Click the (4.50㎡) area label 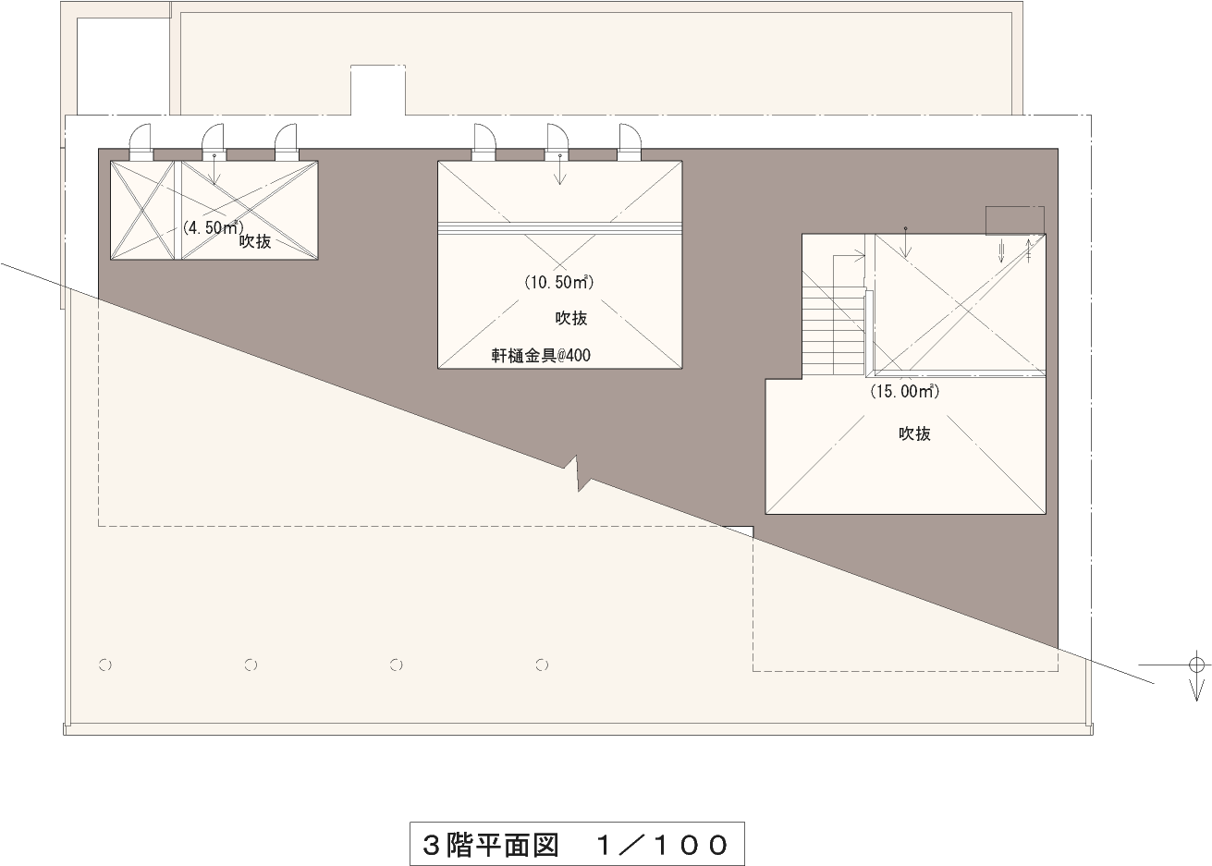click(x=213, y=226)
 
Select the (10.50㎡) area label click(x=558, y=282)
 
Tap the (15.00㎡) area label click(x=904, y=391)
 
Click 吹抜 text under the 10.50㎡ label click(x=570, y=318)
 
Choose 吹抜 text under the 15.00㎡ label click(x=914, y=433)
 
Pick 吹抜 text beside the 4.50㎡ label click(x=255, y=241)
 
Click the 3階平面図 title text click(x=490, y=844)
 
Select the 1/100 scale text click(x=662, y=844)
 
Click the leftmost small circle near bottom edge click(x=104, y=665)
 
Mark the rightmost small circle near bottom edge click(x=543, y=665)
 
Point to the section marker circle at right click(x=1196, y=665)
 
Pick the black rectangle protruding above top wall click(x=377, y=90)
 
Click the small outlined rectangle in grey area click(x=1014, y=220)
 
